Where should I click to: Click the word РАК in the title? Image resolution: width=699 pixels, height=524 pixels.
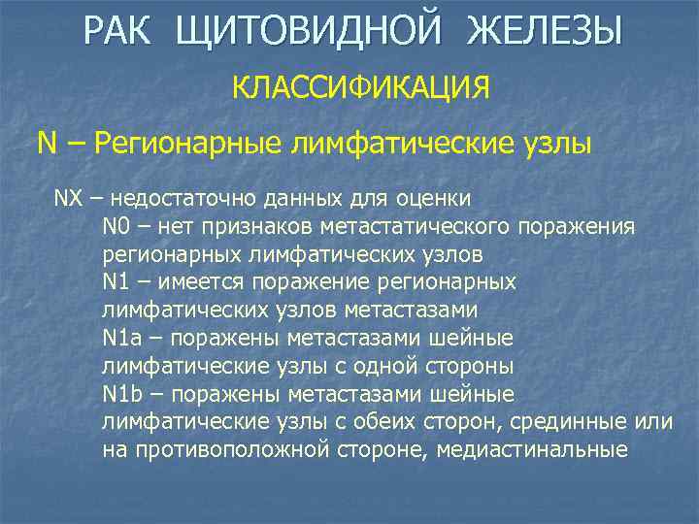pos(124,33)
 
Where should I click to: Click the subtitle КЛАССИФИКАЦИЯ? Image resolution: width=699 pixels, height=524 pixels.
pos(360,88)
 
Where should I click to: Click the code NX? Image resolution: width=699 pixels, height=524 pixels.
pos(68,199)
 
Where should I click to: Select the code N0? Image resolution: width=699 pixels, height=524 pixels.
pos(115,227)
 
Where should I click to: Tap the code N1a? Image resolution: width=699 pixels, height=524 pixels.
pos(121,339)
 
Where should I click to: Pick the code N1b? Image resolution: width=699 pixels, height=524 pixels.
pos(121,395)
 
